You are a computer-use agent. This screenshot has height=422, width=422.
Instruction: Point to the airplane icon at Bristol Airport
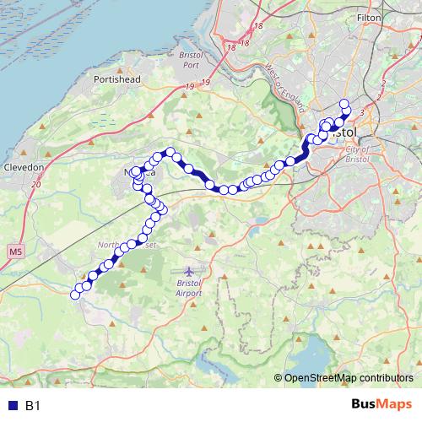click(x=189, y=272)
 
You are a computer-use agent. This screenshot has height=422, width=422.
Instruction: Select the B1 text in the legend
click(x=33, y=406)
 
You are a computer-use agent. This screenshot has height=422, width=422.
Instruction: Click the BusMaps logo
click(x=377, y=405)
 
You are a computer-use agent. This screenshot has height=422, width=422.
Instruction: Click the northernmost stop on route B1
click(x=344, y=104)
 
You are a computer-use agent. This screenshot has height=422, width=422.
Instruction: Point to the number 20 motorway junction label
click(x=35, y=183)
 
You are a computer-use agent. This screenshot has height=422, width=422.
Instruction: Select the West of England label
click(x=278, y=80)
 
